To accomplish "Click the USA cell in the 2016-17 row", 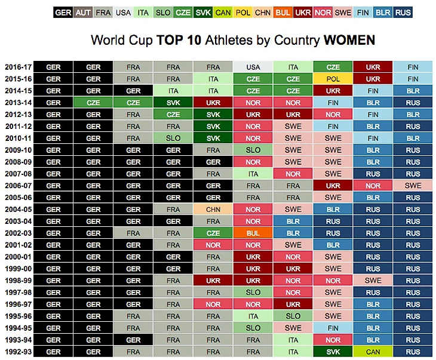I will tap(253, 67).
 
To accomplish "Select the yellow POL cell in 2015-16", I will tap(333, 79).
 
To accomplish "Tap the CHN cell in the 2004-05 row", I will tap(213, 210).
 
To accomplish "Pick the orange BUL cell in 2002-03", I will tap(253, 233).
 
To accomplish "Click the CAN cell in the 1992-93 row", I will tap(373, 352).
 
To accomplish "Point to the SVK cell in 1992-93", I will tap(333, 352).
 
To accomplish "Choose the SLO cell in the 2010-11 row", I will tap(173, 139).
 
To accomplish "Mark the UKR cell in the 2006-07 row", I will tap(333, 186).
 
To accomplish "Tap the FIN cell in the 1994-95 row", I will tap(333, 328).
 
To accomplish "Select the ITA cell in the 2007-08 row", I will tap(253, 174).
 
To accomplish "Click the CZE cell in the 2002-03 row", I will tap(213, 233).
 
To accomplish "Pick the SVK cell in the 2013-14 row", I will tap(173, 103).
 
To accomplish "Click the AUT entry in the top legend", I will tap(82, 13).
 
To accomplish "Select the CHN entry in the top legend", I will tap(263, 13).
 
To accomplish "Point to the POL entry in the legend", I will tap(243, 13).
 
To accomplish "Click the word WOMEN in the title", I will tap(349, 41).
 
